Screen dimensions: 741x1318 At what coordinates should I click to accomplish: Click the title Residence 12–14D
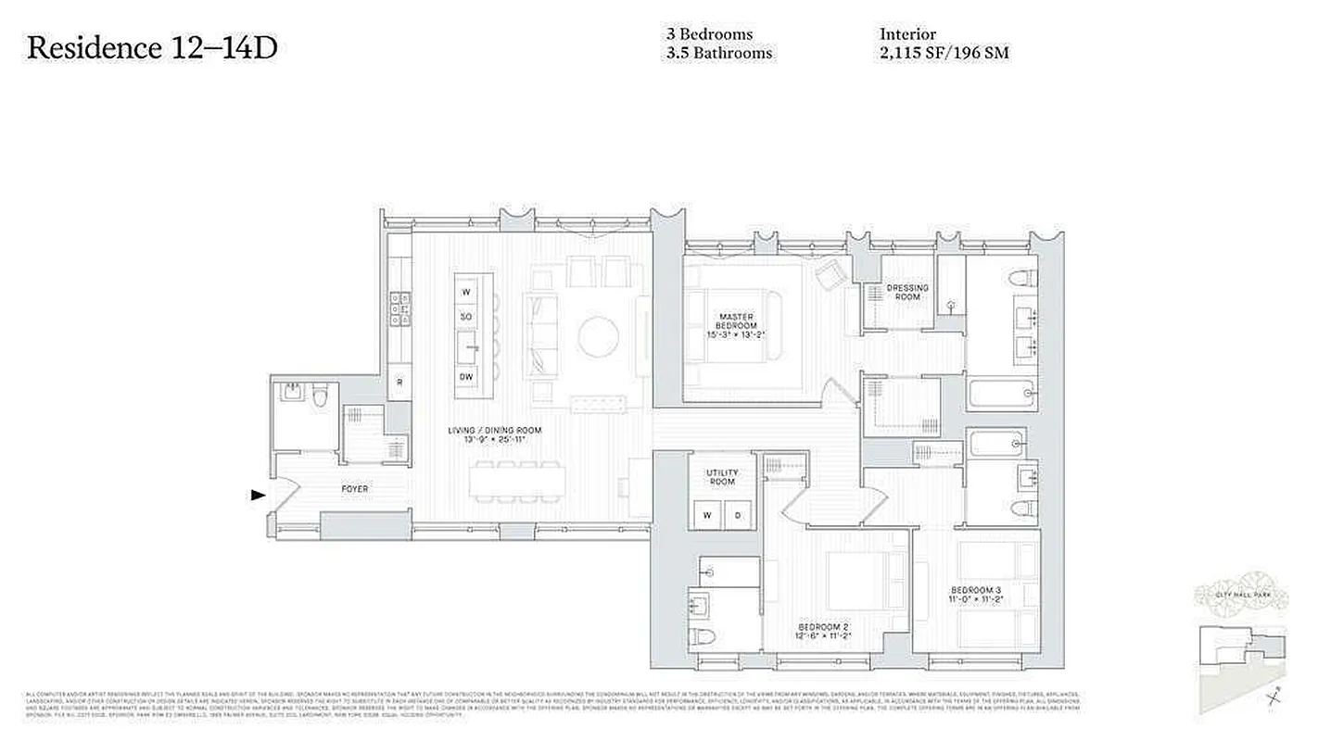point(152,48)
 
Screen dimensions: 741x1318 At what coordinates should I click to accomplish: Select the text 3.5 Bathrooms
point(718,54)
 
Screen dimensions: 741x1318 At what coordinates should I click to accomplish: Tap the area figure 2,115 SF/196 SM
point(944,54)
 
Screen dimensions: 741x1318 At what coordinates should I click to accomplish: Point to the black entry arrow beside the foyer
point(259,496)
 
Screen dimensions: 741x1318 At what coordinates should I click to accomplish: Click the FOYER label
point(355,489)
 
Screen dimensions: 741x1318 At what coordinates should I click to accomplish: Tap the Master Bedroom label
point(742,325)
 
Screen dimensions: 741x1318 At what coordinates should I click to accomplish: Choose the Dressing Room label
point(906,292)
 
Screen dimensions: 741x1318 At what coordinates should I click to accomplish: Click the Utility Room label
point(722,476)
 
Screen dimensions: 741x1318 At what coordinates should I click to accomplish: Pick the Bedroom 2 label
point(821,633)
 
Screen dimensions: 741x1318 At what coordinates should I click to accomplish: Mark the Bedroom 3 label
point(976,596)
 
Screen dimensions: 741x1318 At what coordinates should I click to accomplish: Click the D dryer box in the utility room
point(738,515)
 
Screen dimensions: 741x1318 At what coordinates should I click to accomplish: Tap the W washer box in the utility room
point(707,515)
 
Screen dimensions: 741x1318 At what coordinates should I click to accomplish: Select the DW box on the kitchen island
point(466,377)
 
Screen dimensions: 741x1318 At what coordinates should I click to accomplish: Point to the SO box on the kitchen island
point(466,317)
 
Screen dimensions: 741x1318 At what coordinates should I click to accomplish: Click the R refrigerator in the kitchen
point(399,382)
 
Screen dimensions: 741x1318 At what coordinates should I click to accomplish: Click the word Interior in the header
point(907,34)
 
